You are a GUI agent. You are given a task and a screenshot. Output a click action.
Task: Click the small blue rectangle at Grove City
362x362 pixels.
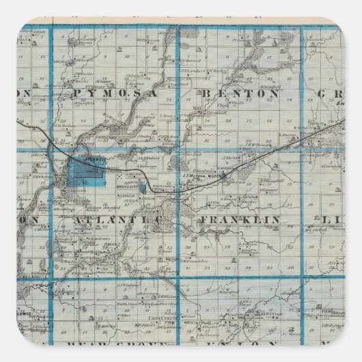(142, 186)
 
